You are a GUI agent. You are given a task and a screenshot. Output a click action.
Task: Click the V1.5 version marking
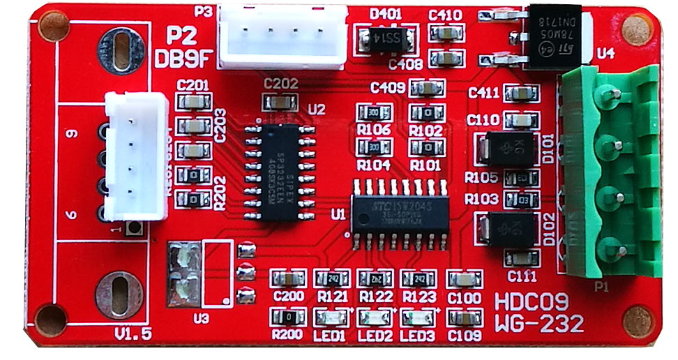[x=133, y=333]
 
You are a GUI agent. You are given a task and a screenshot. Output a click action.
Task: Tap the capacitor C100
[x=462, y=279]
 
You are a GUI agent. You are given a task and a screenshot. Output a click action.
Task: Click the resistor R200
[x=287, y=318]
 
